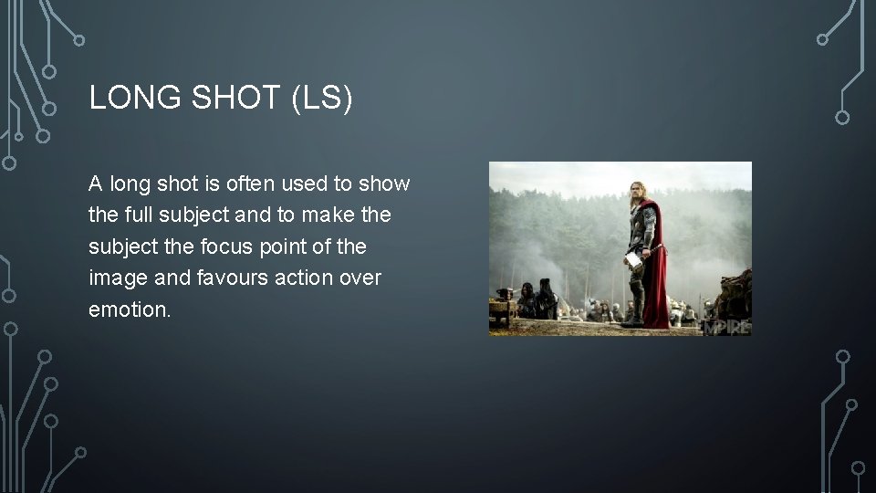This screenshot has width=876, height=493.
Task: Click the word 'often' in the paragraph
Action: click(251, 184)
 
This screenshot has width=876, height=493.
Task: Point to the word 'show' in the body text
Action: click(384, 184)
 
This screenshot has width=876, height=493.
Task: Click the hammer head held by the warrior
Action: click(632, 259)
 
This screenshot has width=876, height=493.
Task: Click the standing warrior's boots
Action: click(636, 317)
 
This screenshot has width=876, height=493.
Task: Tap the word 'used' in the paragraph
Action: click(308, 184)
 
